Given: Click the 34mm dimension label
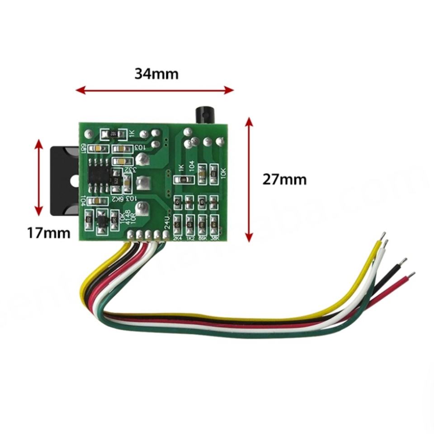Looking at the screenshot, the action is point(156,73).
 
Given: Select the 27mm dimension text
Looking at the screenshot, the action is point(284,179).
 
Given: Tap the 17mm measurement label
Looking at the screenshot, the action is point(48,233).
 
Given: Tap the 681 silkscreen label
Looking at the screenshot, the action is point(84,148).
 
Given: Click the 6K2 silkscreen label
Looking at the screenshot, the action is point(118,199).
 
